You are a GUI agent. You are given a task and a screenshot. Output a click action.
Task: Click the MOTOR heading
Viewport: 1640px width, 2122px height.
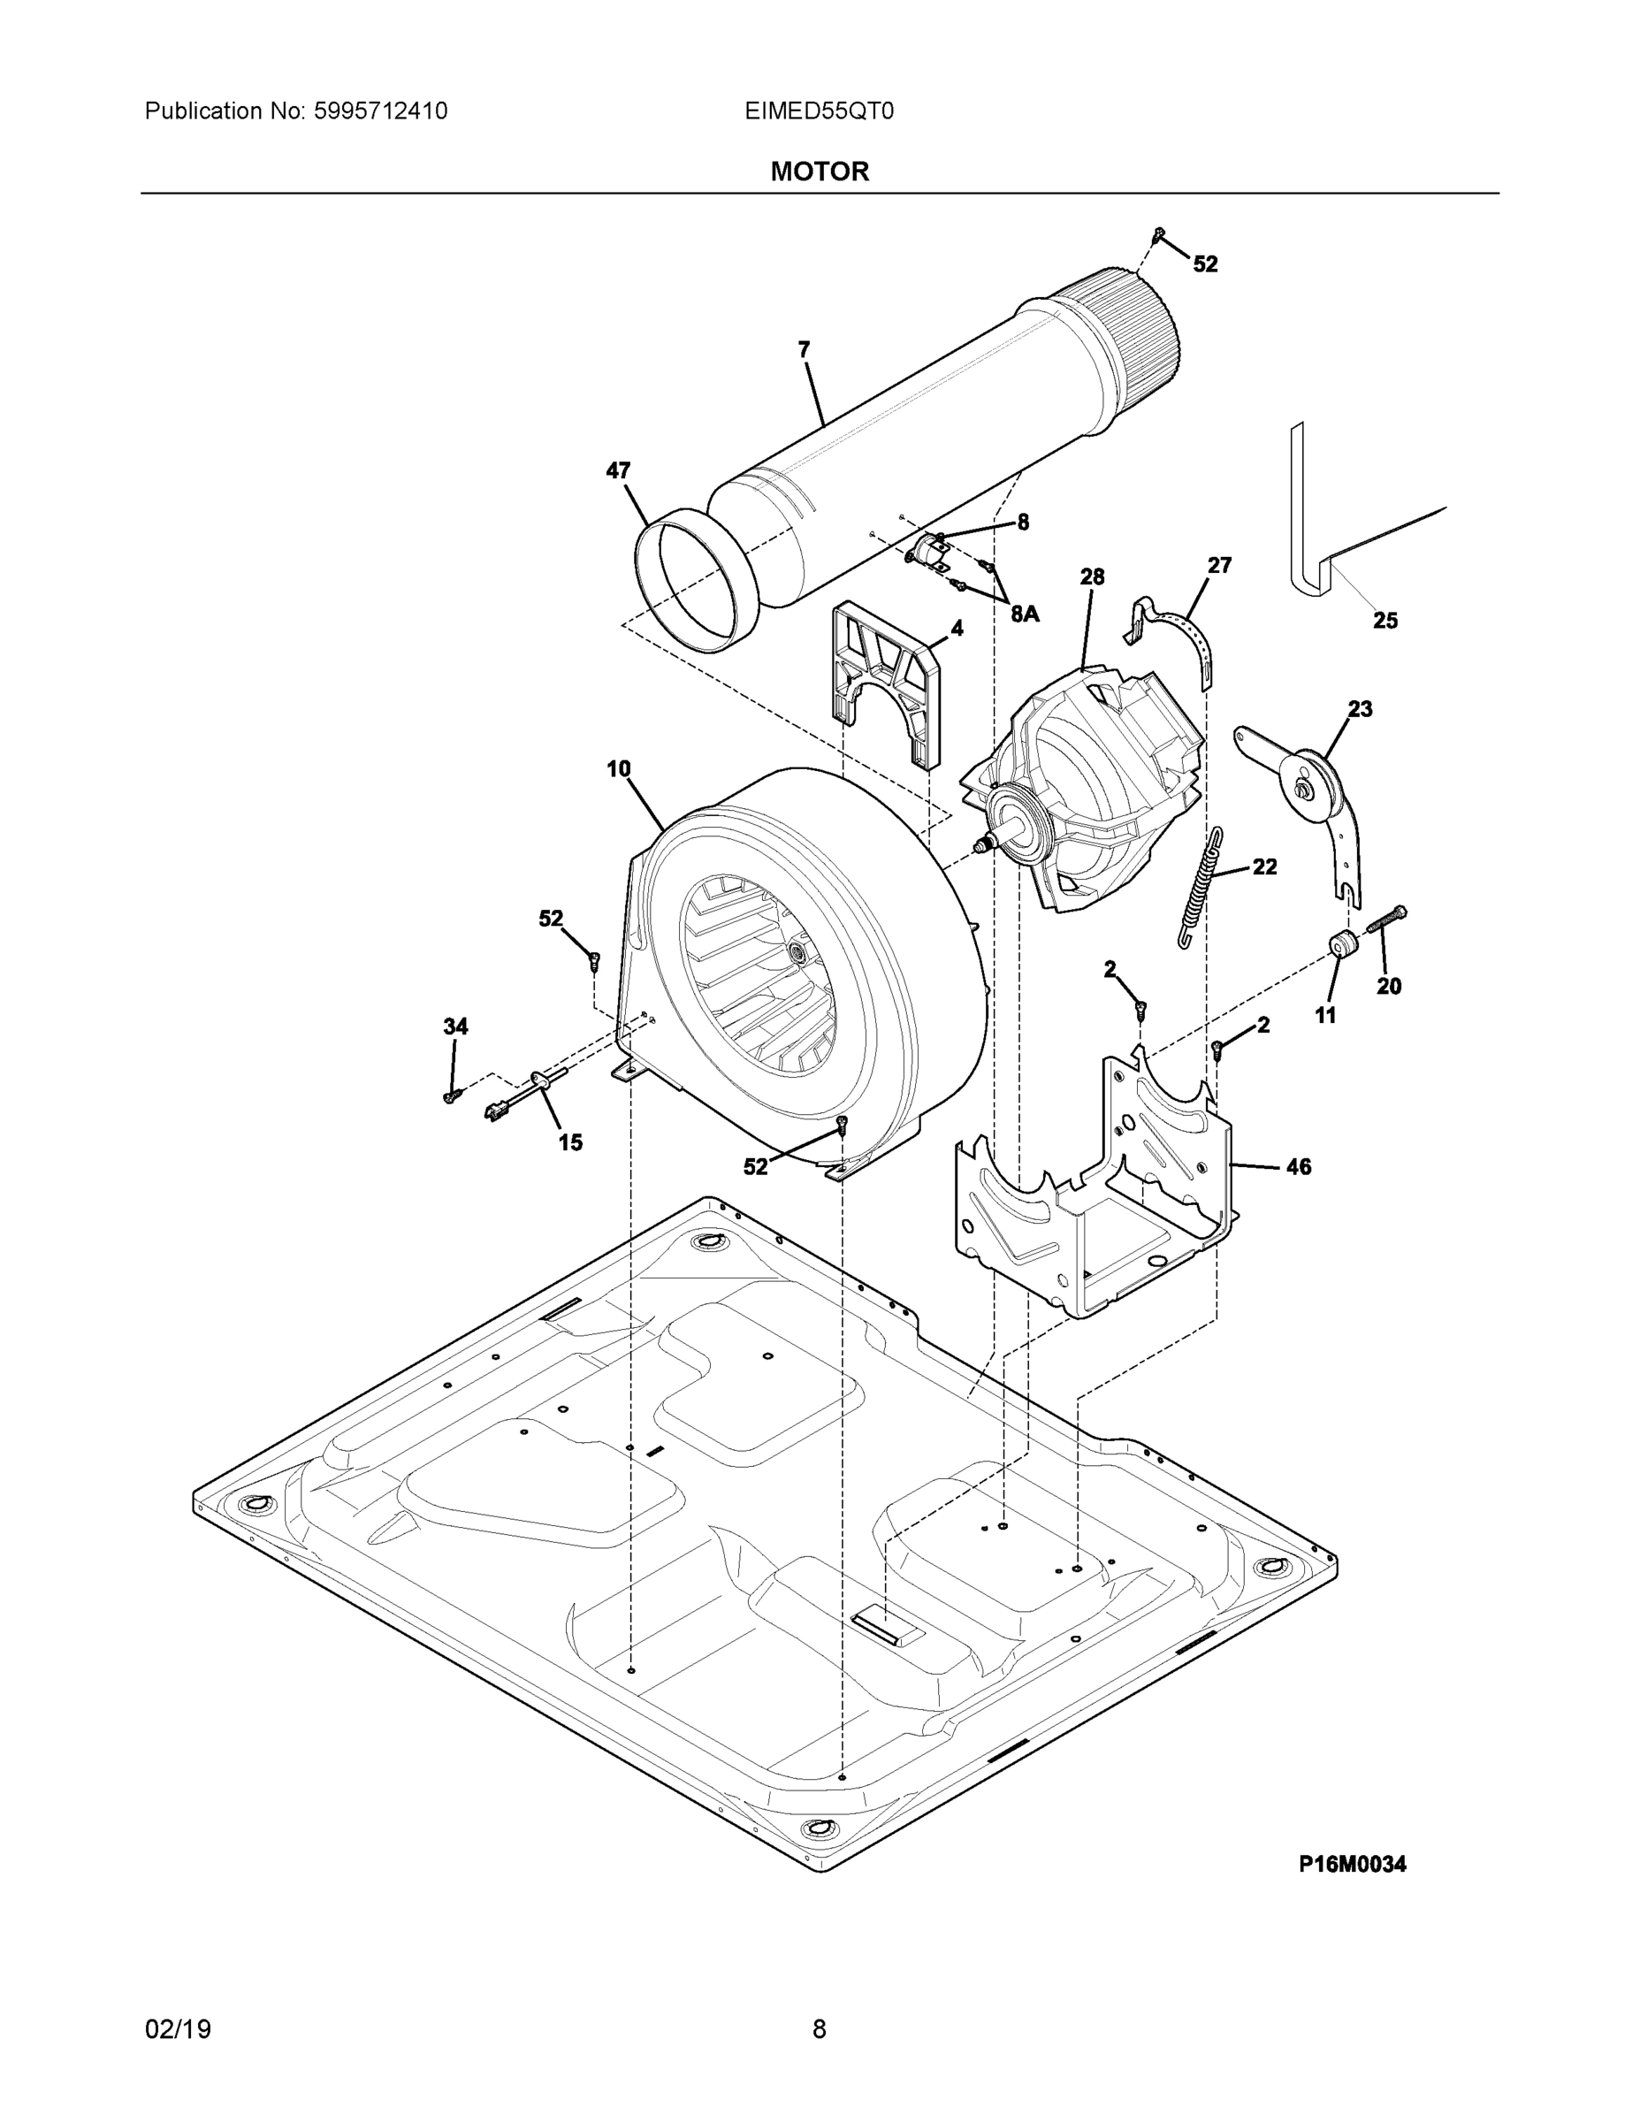point(819,172)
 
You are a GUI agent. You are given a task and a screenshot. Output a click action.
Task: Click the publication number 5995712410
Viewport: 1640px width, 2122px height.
point(380,111)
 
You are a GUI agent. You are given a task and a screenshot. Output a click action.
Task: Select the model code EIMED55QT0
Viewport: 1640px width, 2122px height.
point(819,111)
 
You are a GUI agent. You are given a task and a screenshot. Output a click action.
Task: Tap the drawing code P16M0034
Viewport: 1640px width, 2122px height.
point(1352,1864)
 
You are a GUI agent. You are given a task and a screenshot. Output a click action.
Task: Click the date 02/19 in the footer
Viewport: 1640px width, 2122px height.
point(178,2029)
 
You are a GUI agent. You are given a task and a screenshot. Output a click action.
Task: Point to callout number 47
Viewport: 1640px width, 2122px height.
point(618,471)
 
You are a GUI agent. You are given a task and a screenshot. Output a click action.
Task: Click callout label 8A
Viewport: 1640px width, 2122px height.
point(1024,614)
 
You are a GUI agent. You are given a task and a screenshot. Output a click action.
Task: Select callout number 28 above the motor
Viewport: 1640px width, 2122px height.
point(1092,577)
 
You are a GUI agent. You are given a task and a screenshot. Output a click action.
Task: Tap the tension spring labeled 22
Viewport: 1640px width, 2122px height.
point(1201,887)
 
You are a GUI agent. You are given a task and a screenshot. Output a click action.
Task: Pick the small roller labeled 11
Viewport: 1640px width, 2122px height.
point(1343,944)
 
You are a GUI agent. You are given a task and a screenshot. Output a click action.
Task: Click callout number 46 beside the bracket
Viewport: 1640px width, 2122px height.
point(1298,1167)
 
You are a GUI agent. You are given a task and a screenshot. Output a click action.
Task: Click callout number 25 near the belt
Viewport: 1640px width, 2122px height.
point(1384,620)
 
